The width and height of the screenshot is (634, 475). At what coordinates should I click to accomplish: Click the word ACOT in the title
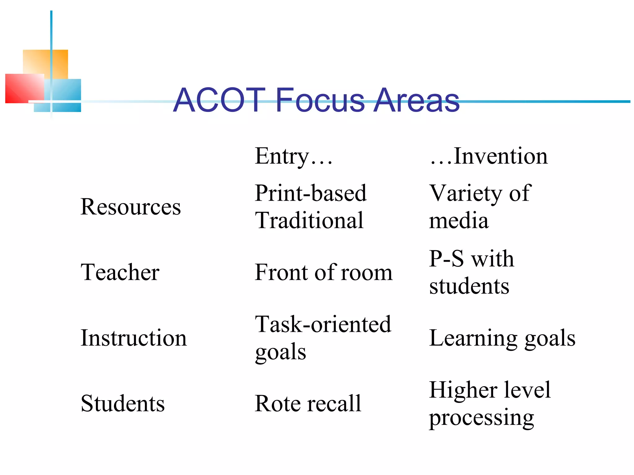[219, 100]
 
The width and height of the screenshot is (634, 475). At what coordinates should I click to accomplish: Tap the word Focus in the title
[320, 100]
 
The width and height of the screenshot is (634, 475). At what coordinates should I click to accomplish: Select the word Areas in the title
[416, 100]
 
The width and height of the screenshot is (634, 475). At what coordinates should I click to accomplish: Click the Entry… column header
[293, 156]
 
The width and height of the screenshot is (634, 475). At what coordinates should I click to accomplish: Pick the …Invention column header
[489, 156]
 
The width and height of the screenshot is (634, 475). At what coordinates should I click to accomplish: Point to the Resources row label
[131, 207]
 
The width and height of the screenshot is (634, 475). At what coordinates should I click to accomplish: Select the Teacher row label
[120, 272]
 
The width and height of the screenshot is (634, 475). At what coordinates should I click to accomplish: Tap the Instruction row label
[134, 338]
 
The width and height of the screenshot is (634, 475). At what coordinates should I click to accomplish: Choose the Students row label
[123, 403]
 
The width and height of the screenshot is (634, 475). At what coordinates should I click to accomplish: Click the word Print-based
[311, 193]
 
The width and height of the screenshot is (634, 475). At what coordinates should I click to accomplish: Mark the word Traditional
[309, 220]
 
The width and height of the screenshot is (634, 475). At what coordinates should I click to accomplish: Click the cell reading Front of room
[324, 272]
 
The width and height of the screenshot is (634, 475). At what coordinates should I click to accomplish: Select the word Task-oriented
[323, 324]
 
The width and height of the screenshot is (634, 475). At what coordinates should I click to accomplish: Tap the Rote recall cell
[308, 403]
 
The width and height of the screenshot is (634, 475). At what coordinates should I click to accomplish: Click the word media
[459, 221]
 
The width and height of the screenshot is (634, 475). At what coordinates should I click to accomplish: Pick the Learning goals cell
[502, 338]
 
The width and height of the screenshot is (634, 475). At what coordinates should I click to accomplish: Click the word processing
[481, 417]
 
